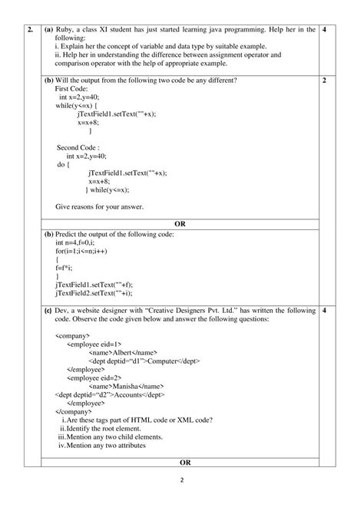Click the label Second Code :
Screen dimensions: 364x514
(x=79, y=147)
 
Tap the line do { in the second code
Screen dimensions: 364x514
(x=66, y=164)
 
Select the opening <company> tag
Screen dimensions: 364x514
(x=73, y=336)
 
